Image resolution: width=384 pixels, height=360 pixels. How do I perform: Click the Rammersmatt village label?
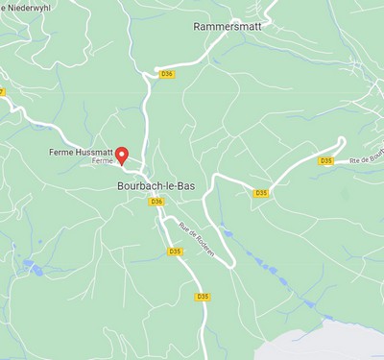(x=227, y=27)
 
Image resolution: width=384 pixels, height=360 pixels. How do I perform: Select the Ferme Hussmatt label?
(x=81, y=153)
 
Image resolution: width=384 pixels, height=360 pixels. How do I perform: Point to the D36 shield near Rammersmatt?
(x=166, y=73)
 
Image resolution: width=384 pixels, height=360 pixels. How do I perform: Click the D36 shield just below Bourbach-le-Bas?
(x=156, y=201)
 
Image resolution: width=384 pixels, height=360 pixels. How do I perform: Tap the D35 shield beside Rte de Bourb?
(x=325, y=161)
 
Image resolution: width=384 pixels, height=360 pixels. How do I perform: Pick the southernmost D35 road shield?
(x=202, y=297)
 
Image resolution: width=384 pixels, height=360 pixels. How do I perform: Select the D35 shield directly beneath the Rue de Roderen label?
(x=175, y=252)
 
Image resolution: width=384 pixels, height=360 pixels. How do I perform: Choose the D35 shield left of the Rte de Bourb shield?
(x=261, y=193)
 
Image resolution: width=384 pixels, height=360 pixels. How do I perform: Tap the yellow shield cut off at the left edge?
(x=2, y=92)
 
